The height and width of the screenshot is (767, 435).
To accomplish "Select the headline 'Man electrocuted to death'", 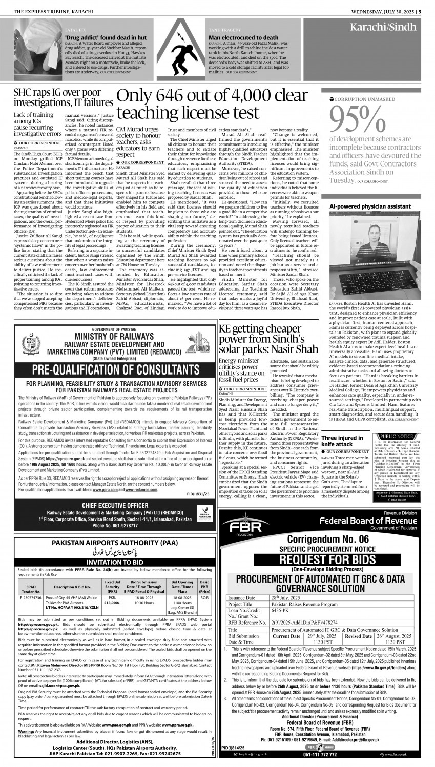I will pos(243,38).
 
